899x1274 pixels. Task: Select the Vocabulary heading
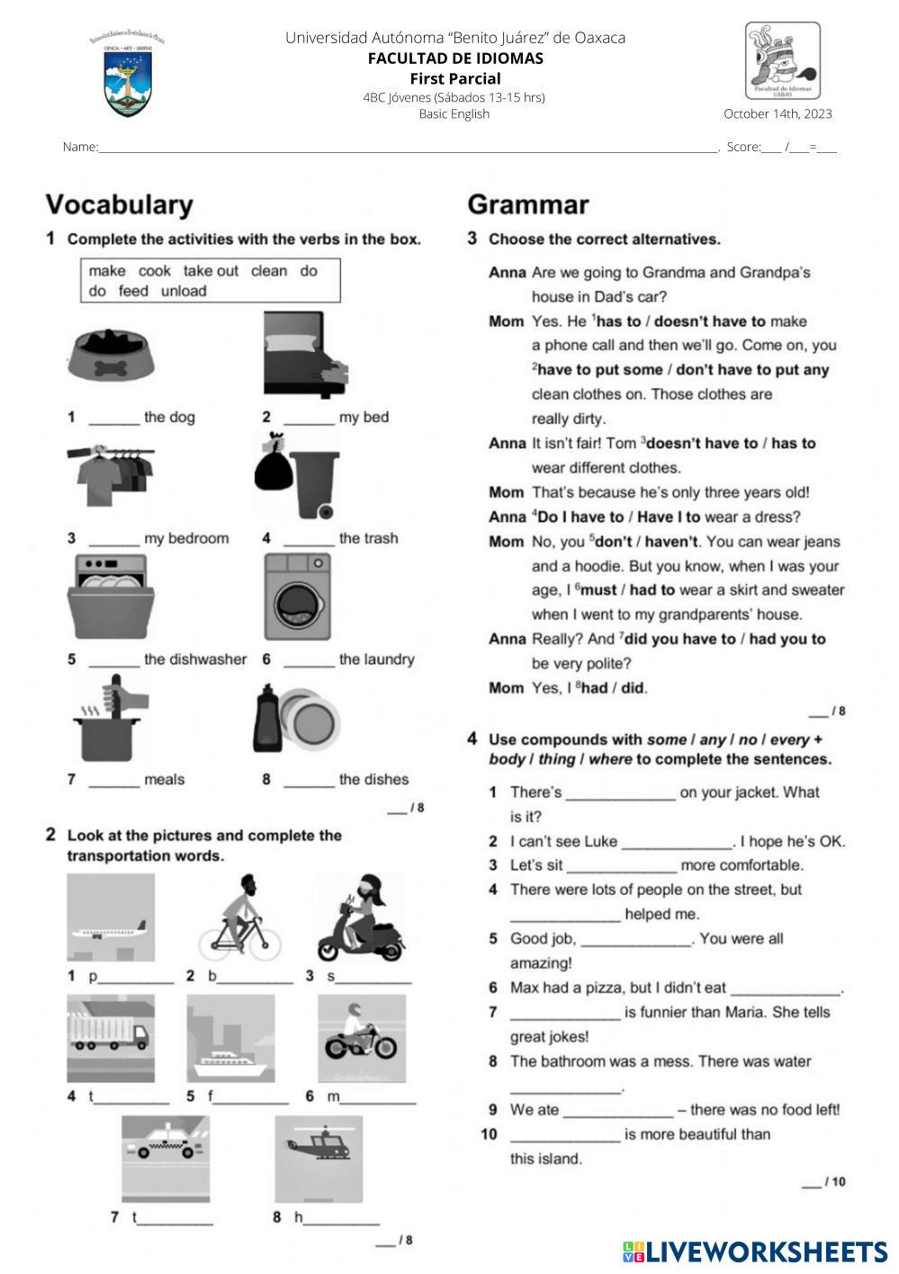[x=120, y=205]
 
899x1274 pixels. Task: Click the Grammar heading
[x=528, y=205]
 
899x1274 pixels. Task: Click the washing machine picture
[x=297, y=597]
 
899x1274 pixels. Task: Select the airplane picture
[x=111, y=918]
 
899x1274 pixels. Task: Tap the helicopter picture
[x=319, y=1157]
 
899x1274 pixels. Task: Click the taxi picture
[x=166, y=1157]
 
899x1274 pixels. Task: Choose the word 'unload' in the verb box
[x=184, y=291]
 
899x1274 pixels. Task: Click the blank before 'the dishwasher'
[x=114, y=661]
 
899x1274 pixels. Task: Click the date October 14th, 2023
[x=778, y=113]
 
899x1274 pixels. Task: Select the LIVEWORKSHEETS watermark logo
[x=754, y=1251]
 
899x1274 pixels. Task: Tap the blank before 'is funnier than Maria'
[x=565, y=1014]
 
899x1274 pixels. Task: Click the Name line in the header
[x=405, y=148]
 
